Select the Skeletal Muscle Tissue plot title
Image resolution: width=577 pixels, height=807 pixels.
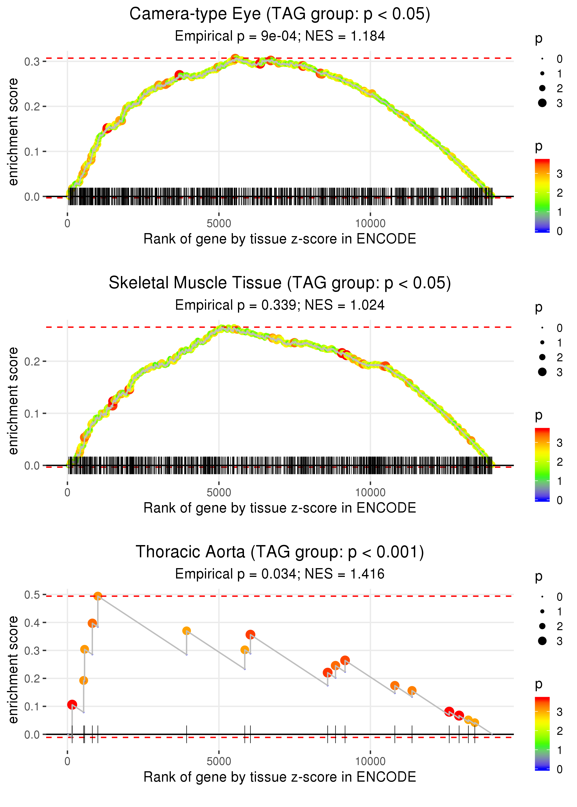tap(280, 283)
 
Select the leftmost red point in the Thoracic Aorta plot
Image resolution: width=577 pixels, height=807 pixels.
tap(72, 704)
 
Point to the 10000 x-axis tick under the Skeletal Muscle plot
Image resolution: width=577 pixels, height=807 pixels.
tap(370, 493)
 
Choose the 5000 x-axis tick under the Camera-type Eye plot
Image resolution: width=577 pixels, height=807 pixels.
tap(219, 224)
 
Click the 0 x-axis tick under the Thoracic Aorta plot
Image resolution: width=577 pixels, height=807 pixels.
tap(67, 762)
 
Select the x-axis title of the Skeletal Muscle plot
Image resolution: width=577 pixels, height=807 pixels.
tap(280, 508)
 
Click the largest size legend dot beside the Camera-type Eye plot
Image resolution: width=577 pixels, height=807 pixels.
tap(542, 103)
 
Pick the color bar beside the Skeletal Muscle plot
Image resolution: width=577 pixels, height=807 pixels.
tap(542, 464)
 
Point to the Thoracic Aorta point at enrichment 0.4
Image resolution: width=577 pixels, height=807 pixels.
tap(92, 623)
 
